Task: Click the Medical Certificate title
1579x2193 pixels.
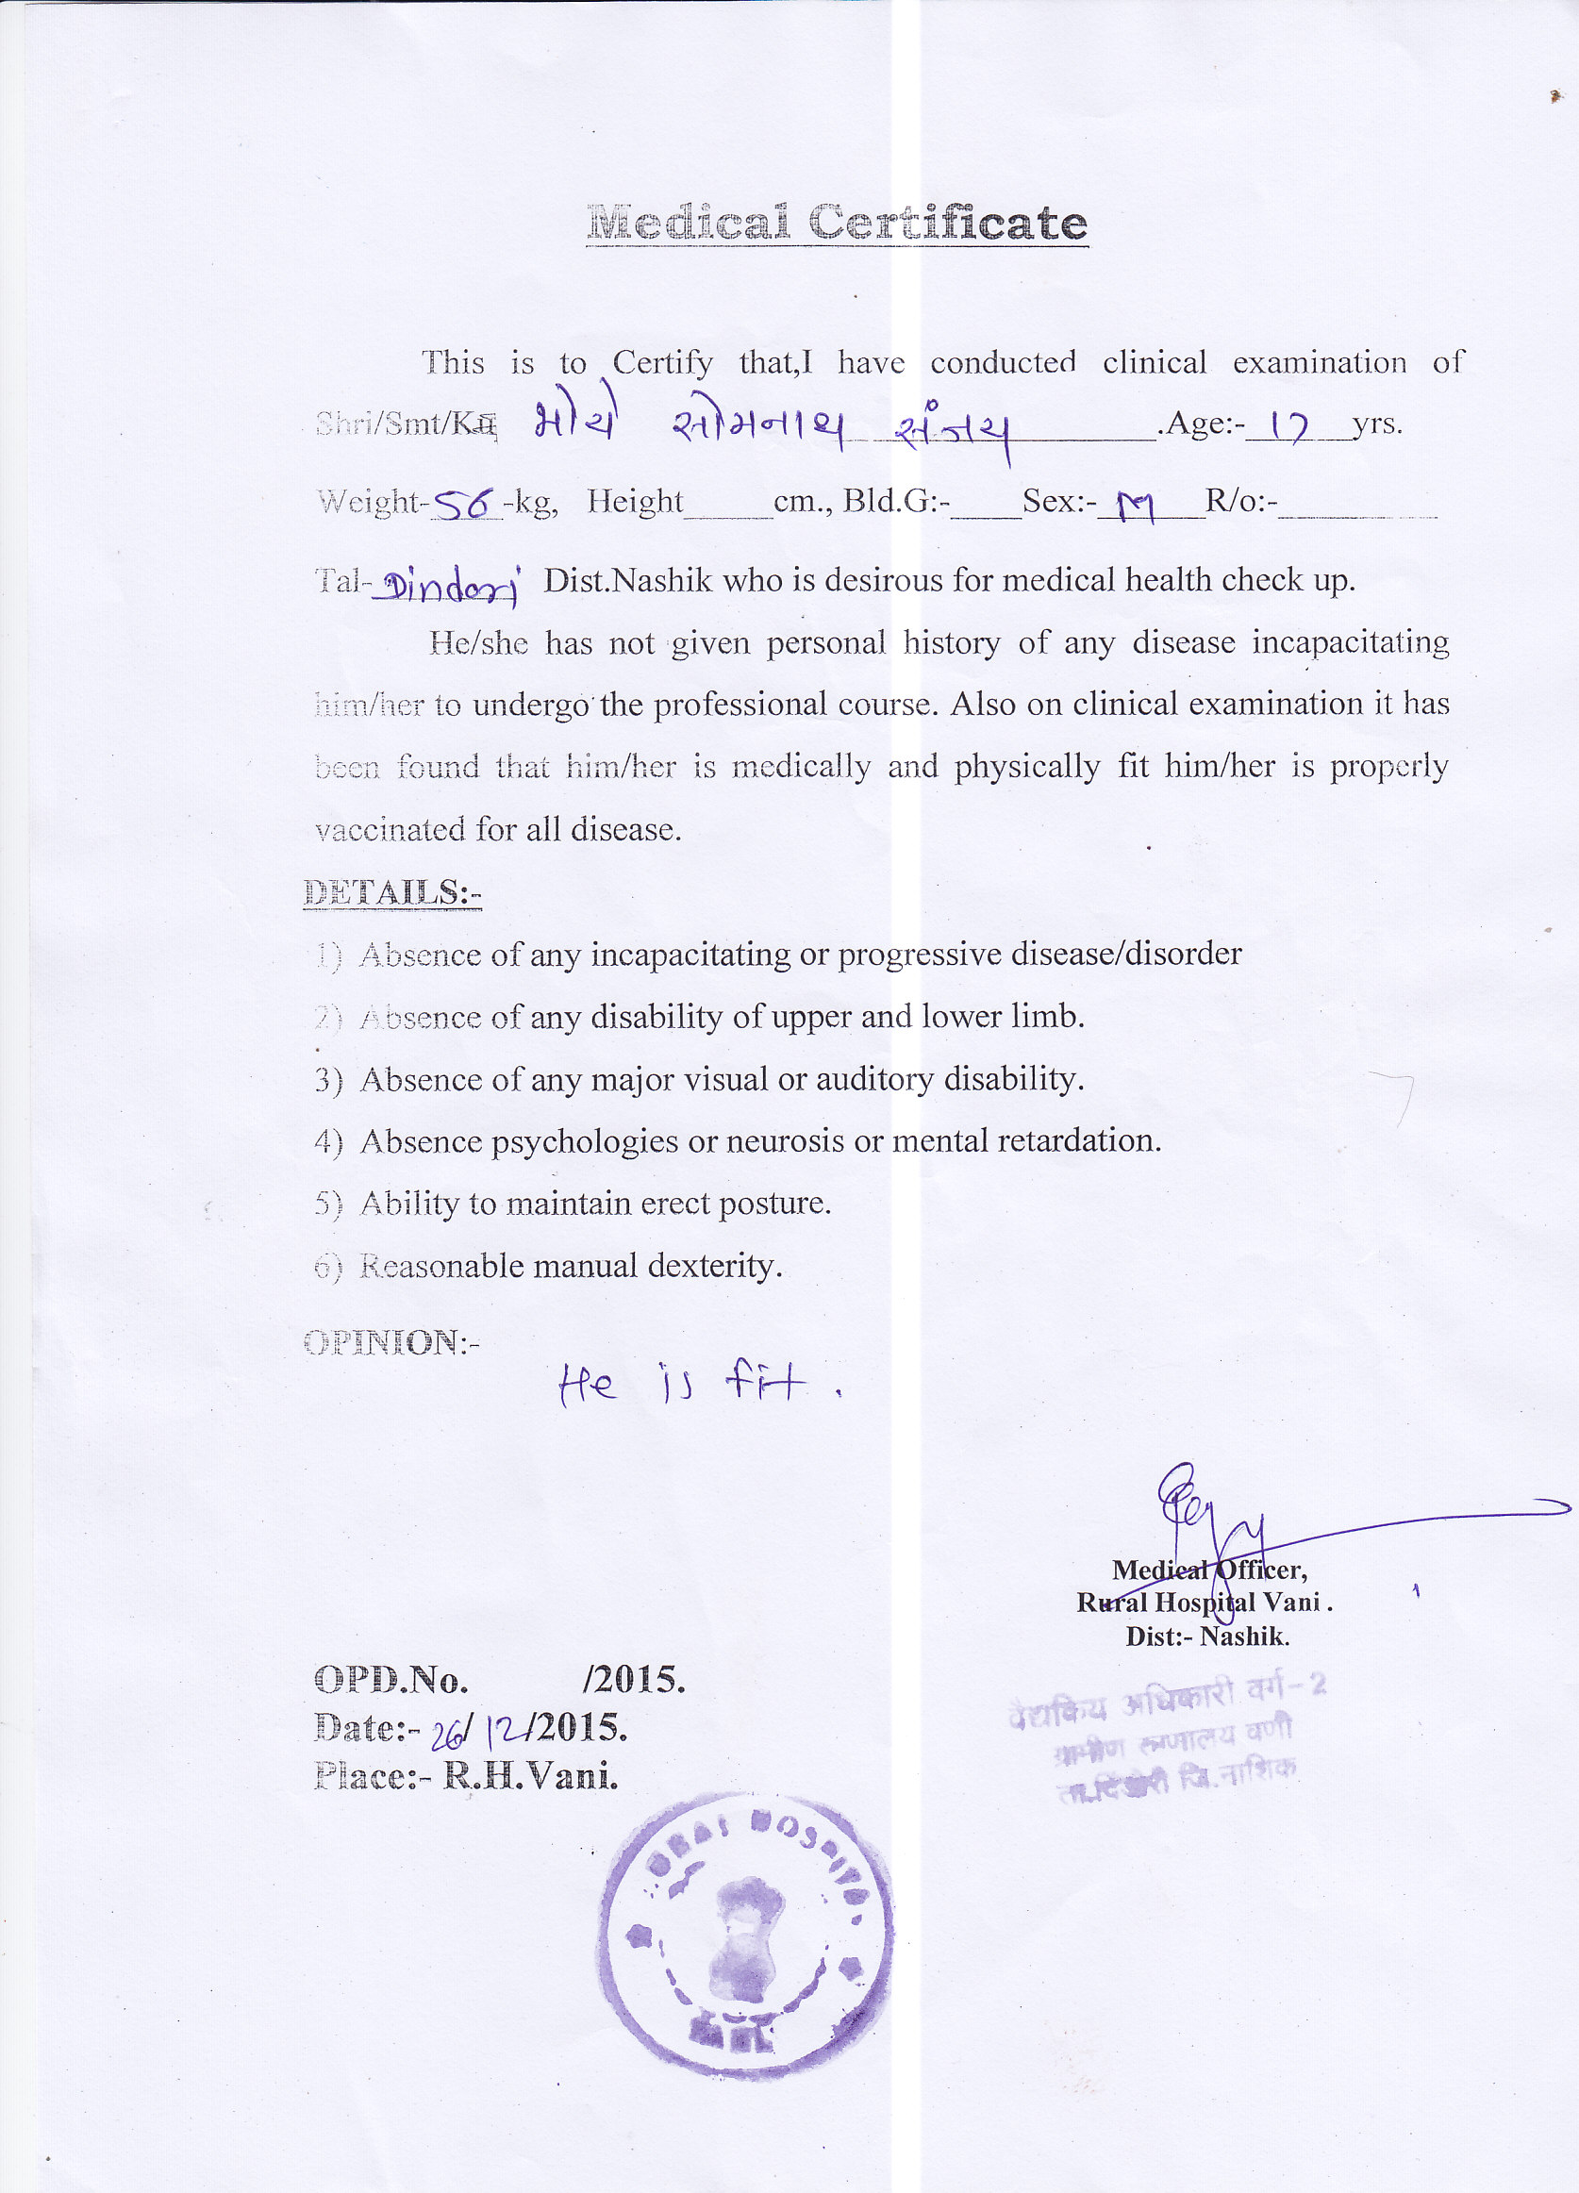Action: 837,224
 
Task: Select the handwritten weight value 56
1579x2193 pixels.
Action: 465,502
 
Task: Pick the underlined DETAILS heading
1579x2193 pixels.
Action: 391,892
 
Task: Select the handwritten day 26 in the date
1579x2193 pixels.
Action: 447,1736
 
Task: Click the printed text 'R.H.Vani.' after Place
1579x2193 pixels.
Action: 530,1775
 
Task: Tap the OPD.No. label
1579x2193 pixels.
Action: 391,1680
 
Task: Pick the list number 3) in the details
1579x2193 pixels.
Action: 328,1079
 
